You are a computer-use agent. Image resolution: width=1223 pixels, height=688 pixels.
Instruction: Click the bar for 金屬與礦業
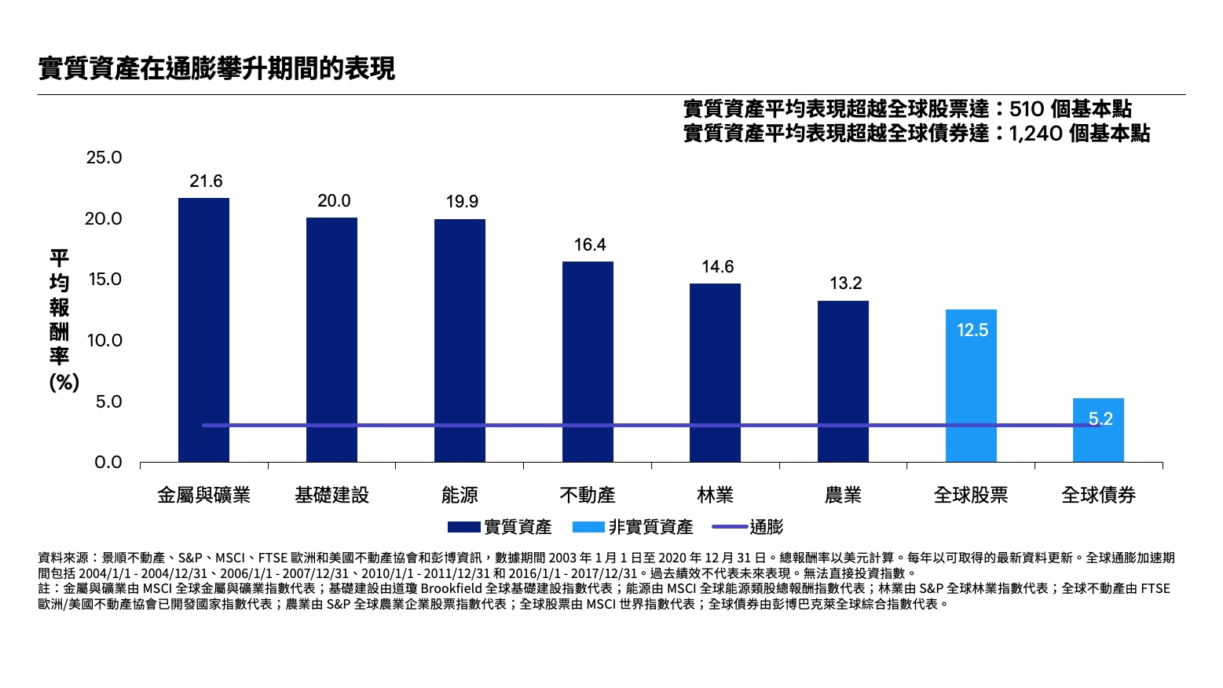point(203,329)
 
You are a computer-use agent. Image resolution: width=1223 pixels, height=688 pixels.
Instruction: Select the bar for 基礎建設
point(331,339)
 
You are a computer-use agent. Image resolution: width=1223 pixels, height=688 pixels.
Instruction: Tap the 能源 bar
point(460,340)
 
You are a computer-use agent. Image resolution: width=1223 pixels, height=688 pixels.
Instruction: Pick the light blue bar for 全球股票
point(971,386)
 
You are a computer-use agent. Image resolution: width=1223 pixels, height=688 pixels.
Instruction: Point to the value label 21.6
point(206,181)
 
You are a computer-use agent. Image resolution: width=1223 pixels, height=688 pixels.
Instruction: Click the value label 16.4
point(590,245)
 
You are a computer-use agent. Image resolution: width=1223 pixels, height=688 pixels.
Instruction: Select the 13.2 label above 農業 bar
point(845,284)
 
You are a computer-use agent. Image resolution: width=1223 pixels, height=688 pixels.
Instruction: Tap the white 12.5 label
point(972,331)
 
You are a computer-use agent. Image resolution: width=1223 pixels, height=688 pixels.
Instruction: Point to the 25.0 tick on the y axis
point(104,158)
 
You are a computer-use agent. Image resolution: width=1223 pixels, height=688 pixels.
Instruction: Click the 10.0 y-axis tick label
point(104,341)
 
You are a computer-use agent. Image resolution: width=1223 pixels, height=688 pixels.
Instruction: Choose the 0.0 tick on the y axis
point(108,463)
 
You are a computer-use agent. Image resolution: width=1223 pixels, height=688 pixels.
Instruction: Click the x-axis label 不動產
point(588,496)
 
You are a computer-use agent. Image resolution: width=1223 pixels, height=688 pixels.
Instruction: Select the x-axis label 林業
point(715,496)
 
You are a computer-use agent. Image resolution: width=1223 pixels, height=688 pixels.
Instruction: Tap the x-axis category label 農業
point(843,496)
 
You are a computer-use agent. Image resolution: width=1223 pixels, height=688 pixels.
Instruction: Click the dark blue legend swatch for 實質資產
point(463,528)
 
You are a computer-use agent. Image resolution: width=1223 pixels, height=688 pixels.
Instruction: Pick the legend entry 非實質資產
point(650,528)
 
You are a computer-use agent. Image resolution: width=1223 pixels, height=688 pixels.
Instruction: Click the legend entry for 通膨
point(766,528)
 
